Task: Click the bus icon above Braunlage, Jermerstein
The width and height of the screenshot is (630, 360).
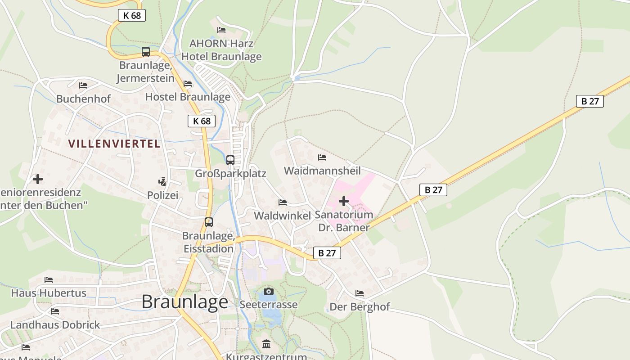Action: coord(145,52)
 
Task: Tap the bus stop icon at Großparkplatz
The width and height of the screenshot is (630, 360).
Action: coord(230,160)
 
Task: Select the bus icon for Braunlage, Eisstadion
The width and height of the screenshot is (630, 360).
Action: coord(209,222)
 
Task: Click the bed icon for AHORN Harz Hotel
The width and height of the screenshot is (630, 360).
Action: coord(221,30)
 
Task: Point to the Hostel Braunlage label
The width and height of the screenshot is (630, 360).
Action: coord(188,97)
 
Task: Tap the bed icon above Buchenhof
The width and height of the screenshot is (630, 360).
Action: coord(83,85)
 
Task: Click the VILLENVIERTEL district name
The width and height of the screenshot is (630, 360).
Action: coord(114,144)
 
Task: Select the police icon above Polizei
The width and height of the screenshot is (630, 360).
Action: coord(162,182)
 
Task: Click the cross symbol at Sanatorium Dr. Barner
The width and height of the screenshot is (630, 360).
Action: coord(344,201)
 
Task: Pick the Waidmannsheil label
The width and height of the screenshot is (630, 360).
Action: coord(322,171)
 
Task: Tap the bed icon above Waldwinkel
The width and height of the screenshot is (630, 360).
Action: coord(283,202)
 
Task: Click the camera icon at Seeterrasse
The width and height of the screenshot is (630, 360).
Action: coord(268,292)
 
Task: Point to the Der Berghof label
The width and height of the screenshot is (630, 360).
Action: coord(360,307)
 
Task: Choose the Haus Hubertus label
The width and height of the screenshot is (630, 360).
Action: coord(49,293)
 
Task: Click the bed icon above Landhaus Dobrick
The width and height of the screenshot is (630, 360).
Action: coord(55,311)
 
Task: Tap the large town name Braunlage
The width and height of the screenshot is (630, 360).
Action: coord(185,301)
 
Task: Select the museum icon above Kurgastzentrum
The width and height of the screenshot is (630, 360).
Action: coord(266,345)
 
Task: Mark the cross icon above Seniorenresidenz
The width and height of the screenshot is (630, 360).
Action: coord(38,179)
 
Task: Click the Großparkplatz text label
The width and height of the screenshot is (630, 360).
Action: coord(230,174)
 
